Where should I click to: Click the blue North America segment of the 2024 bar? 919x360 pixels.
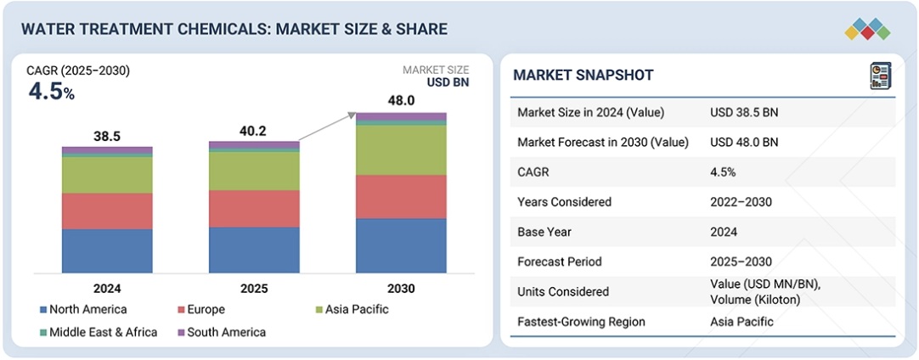tap(107, 250)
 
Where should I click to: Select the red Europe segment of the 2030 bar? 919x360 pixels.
tap(401, 196)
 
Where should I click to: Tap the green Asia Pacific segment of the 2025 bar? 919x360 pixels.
tap(254, 171)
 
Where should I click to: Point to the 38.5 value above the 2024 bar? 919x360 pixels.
tap(107, 136)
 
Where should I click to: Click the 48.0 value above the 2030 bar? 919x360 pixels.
tap(401, 101)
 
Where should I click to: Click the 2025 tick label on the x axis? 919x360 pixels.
tap(254, 289)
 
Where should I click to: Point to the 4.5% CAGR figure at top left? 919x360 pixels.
tap(51, 92)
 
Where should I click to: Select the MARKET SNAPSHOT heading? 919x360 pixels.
tap(584, 76)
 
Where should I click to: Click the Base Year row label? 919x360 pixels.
tap(545, 232)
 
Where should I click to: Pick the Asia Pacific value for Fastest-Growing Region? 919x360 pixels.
tap(740, 322)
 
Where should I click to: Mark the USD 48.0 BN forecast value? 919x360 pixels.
tap(744, 142)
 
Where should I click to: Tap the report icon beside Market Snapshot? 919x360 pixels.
tap(881, 76)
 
